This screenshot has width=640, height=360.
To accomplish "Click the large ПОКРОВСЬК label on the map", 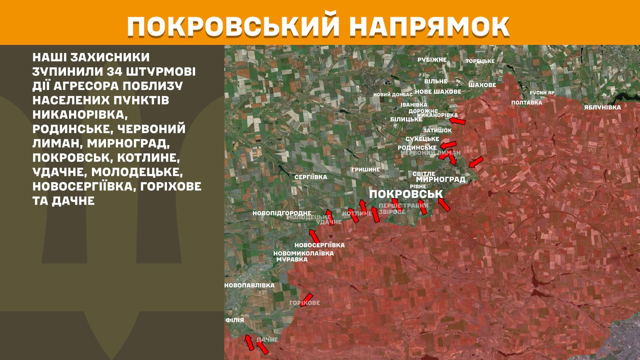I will [x=406, y=194].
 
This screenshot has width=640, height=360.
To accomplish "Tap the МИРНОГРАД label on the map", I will [x=441, y=179].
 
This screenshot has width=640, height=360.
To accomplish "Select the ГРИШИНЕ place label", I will [x=365, y=170].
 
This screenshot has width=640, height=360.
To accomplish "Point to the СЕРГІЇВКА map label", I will [x=311, y=177].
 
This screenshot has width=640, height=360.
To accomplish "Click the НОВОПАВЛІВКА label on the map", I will [x=249, y=285].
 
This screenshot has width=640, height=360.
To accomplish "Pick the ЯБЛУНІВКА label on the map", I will [x=602, y=107].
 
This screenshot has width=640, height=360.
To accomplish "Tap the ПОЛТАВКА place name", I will [x=527, y=103].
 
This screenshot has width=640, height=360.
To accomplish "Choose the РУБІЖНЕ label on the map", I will [x=432, y=60].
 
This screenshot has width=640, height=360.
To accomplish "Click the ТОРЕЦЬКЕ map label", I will [x=480, y=61].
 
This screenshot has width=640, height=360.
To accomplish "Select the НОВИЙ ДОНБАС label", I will [x=393, y=95].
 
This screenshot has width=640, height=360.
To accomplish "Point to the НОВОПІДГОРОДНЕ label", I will [x=282, y=213].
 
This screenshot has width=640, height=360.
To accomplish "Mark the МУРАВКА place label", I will [x=292, y=259].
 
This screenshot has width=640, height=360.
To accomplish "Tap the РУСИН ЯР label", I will [x=542, y=93].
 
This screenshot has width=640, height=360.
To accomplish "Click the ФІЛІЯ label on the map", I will [x=235, y=320].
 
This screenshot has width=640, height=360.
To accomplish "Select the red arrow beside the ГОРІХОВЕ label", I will [x=307, y=299].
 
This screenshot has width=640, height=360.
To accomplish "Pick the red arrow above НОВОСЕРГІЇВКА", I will [x=314, y=236].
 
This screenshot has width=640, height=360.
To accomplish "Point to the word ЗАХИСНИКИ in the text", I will [x=110, y=57].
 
